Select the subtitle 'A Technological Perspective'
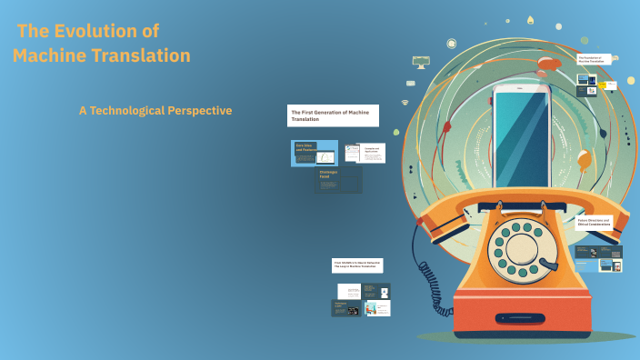(155, 110)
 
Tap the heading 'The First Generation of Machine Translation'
(333, 115)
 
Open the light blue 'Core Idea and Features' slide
(315, 153)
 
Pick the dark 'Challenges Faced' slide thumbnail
(338, 179)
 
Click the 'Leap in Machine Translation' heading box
(357, 265)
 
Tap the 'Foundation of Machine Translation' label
(595, 59)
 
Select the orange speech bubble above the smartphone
(549, 63)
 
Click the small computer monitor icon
(420, 62)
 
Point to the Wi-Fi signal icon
(405, 103)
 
